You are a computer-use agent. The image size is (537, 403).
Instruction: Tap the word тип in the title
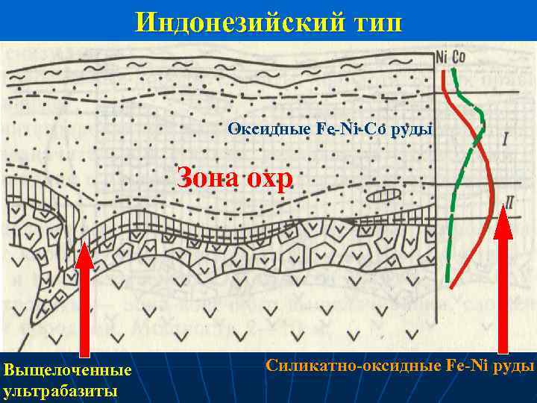374,22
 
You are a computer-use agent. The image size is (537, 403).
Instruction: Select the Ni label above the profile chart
442,57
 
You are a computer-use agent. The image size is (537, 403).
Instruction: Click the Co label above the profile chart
459,57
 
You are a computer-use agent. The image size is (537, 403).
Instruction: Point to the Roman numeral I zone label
505,139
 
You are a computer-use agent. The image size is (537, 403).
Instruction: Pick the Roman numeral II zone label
510,200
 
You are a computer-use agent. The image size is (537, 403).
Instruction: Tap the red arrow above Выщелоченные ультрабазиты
85,299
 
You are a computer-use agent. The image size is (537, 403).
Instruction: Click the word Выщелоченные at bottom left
67,370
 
